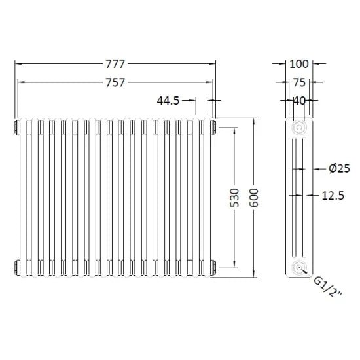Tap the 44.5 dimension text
point(168,100)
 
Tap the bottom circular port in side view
point(299,267)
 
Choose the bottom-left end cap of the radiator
point(14,267)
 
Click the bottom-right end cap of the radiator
point(213,267)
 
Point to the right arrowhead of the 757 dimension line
point(210,82)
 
